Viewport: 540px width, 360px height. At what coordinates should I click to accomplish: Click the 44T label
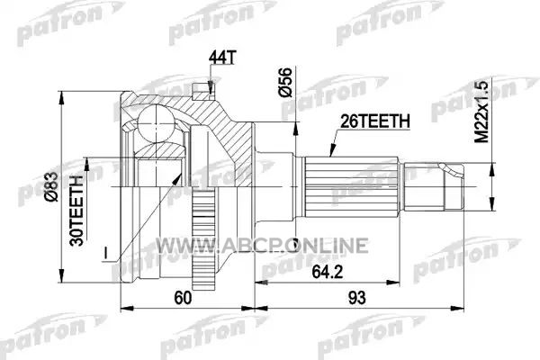pos(222,58)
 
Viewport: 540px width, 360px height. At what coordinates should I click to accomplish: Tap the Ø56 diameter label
pos(285,82)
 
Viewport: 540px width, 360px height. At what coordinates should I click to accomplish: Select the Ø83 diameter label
pos(52,186)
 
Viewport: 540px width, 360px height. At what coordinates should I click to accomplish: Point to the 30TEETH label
pos(76,211)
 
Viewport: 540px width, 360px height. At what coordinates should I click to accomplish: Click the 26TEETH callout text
pos(375,121)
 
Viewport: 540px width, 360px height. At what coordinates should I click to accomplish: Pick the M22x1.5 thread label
pos(481,112)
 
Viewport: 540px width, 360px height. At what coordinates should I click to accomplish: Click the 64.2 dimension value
pos(327,272)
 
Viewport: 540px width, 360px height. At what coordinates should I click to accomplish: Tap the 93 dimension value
pos(356,297)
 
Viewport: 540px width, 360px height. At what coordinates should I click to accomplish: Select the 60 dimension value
pos(183,298)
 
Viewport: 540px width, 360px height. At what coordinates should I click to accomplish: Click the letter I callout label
pos(106,254)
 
